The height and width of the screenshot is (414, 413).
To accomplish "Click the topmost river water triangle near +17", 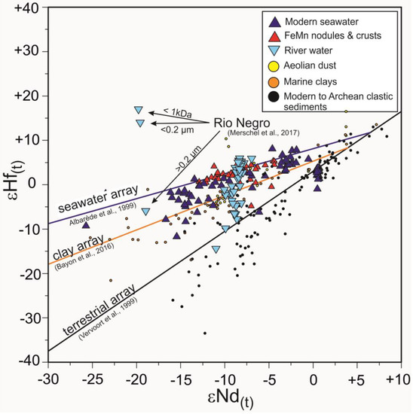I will pos(138,110).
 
